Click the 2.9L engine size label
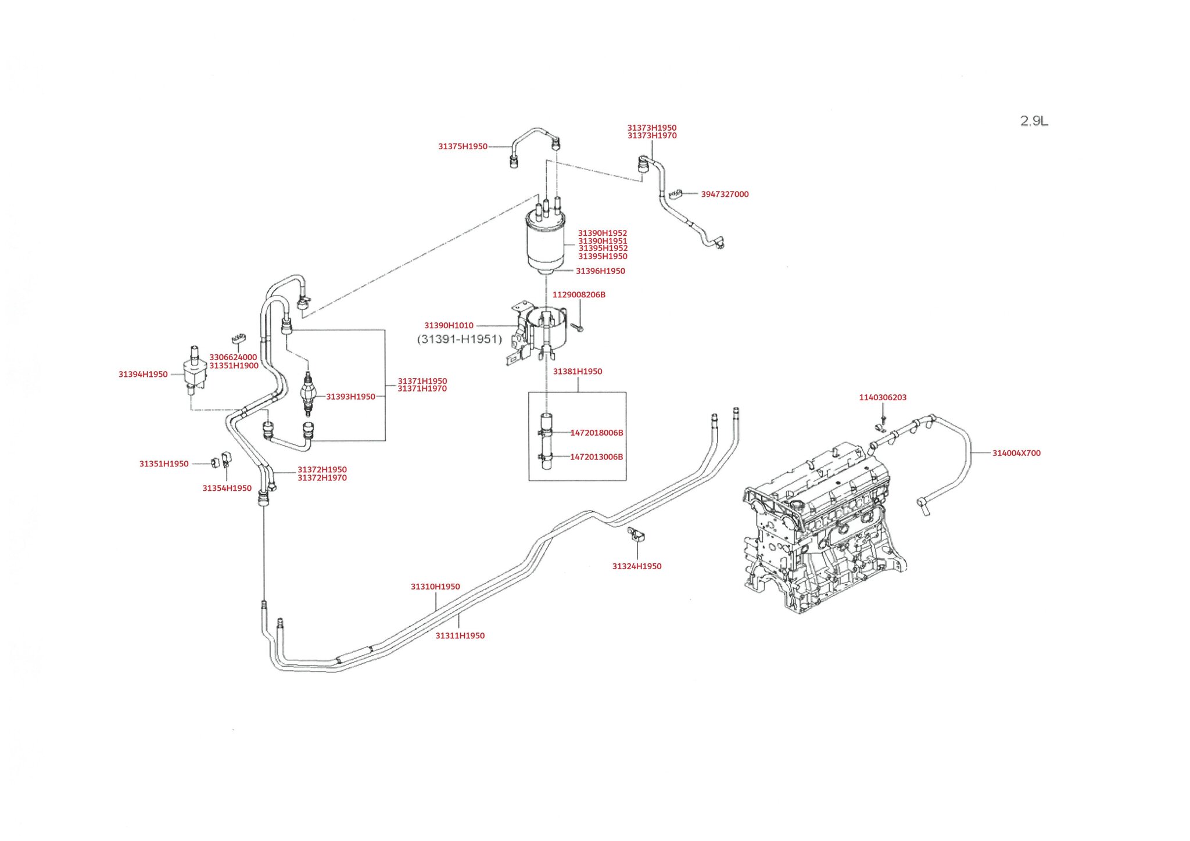[x=1034, y=121]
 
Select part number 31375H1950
[x=463, y=146]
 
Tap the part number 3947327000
[x=725, y=195]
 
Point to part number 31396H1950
[x=600, y=271]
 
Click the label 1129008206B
[x=579, y=295]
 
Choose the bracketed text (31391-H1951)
[x=459, y=339]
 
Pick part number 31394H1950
[x=143, y=375]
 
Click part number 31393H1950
[x=350, y=397]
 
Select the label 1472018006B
[x=597, y=433]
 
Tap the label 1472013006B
[x=596, y=457]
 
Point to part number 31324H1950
[x=637, y=566]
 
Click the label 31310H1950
[x=435, y=587]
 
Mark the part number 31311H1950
[x=460, y=636]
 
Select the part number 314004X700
[x=1016, y=453]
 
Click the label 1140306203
[x=883, y=398]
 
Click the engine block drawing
[x=819, y=534]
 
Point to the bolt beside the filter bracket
[x=577, y=328]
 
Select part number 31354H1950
[x=227, y=488]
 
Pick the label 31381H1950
[x=578, y=372]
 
